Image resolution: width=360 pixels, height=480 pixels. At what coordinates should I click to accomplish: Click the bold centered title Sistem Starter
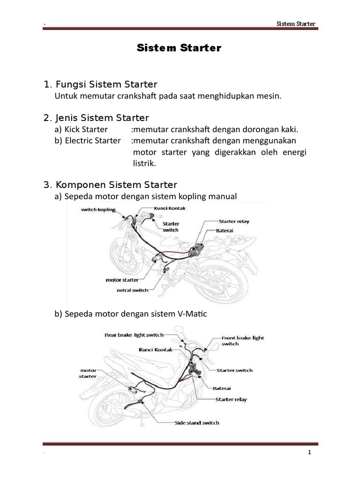tap(178, 48)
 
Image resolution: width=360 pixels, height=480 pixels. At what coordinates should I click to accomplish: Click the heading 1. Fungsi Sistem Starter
tap(100, 84)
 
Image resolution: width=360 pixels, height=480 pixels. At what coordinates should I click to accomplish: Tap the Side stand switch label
tap(197, 423)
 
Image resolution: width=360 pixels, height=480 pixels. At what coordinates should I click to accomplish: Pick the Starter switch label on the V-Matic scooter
tap(234, 370)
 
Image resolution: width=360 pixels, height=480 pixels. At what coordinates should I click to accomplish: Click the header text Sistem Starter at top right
tap(296, 24)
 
